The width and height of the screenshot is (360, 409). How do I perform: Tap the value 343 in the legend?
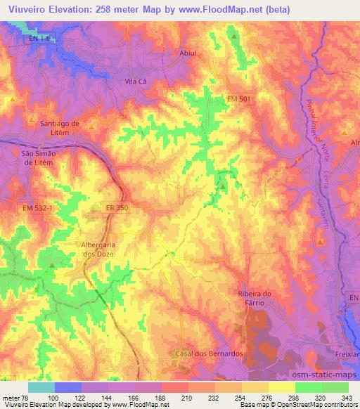click(x=346, y=398)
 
